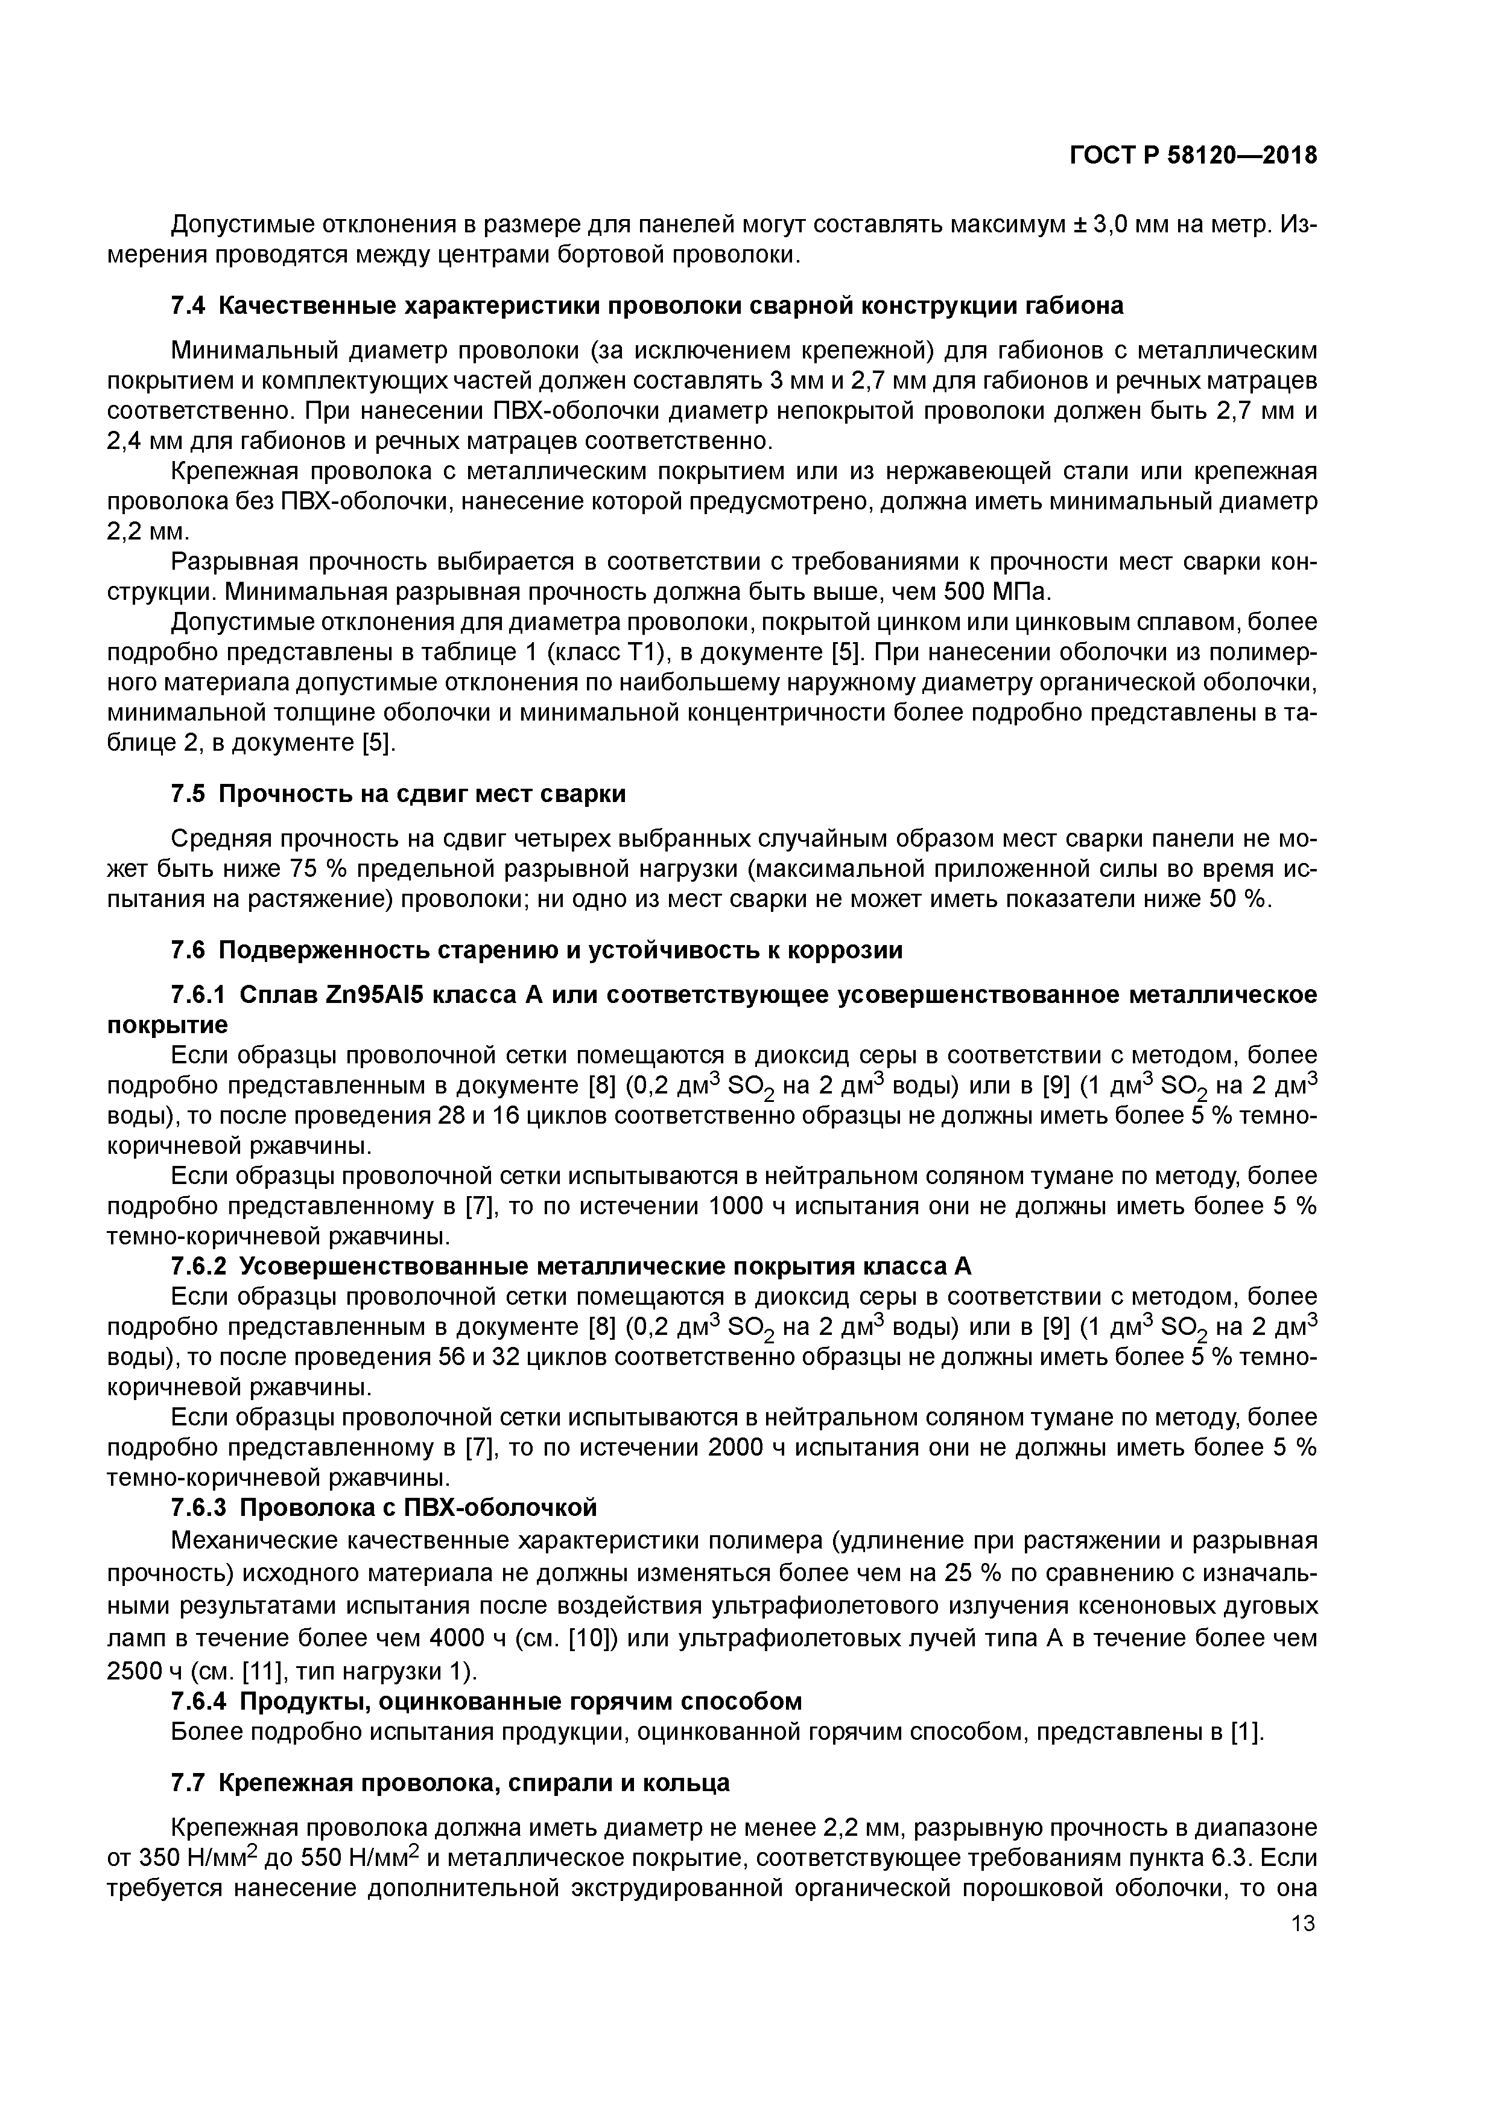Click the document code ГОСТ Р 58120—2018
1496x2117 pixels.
coord(1193,156)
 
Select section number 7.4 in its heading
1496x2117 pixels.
coord(190,305)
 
